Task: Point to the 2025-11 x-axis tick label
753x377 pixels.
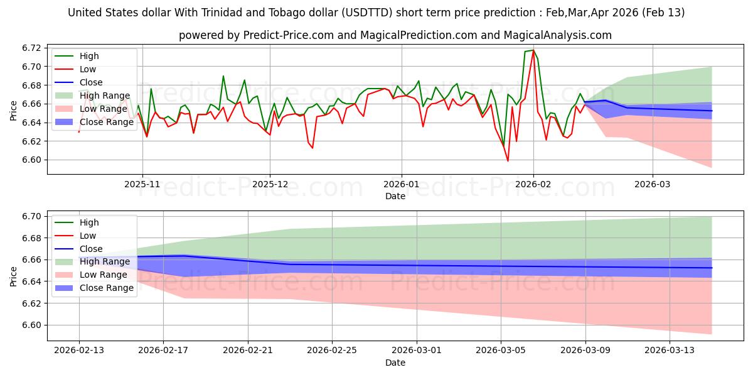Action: tap(142, 184)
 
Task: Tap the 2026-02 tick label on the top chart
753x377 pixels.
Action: tap(533, 184)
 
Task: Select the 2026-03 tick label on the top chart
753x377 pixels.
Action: tap(653, 184)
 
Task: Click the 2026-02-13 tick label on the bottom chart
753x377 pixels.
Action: tap(78, 351)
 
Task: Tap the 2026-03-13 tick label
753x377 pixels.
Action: tap(670, 351)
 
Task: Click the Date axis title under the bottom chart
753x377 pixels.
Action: tap(395, 363)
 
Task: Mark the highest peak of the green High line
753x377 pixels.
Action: tap(533, 50)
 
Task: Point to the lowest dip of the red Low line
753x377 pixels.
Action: tap(508, 161)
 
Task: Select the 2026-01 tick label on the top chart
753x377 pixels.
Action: tap(401, 184)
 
